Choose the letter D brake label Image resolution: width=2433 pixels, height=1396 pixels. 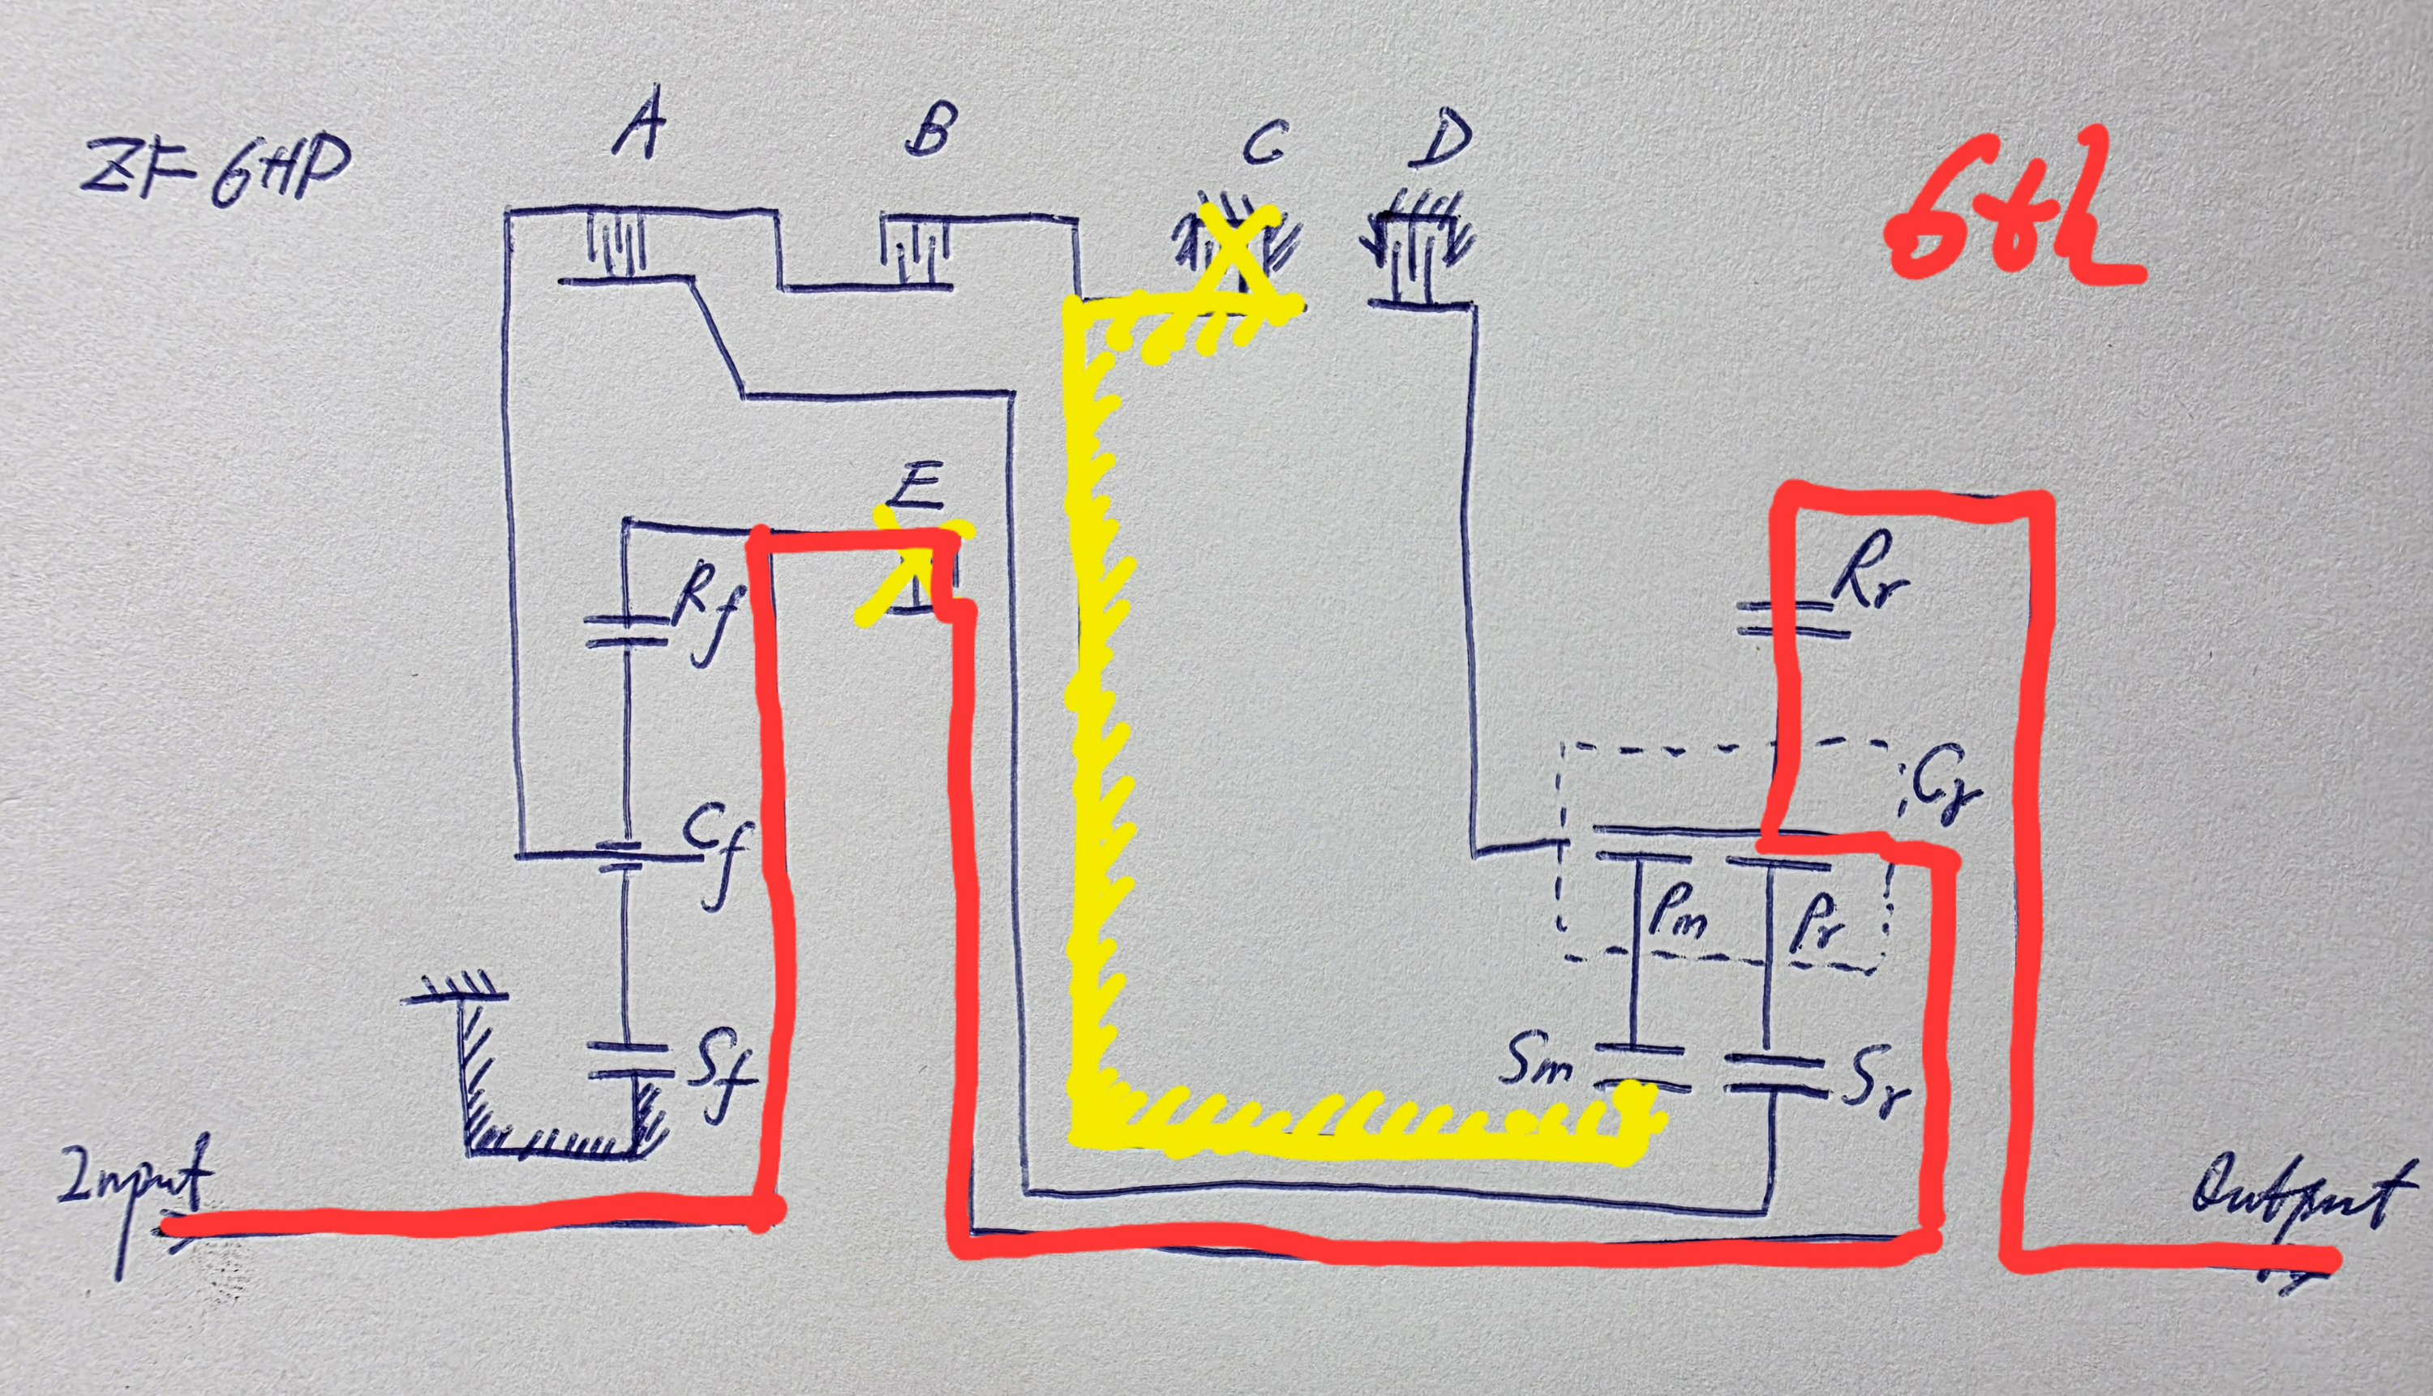click(1440, 136)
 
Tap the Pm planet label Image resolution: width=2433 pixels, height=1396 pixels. click(1673, 920)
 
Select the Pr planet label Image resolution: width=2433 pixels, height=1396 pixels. click(1813, 925)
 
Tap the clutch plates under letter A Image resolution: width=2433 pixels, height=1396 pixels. click(616, 245)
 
